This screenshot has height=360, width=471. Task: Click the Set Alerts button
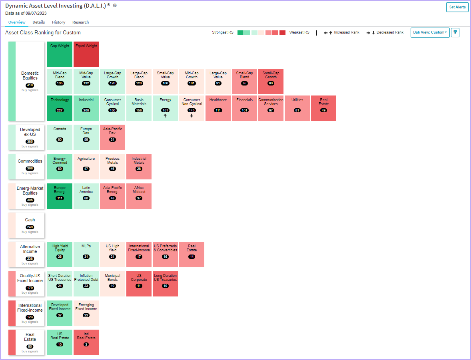(x=457, y=7)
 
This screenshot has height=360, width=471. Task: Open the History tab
(x=58, y=22)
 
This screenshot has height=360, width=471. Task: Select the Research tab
(x=80, y=22)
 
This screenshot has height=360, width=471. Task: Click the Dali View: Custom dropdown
(x=430, y=32)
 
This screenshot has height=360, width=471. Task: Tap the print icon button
(x=455, y=32)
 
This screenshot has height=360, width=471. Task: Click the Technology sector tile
(x=60, y=108)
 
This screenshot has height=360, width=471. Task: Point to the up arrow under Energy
(x=165, y=115)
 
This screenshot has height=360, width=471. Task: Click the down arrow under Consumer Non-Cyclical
(x=192, y=115)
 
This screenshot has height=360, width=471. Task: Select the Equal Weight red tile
(x=86, y=54)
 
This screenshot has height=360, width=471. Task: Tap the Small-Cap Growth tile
(x=271, y=82)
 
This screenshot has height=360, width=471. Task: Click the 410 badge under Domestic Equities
(x=30, y=85)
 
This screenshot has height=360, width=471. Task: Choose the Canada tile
(x=60, y=137)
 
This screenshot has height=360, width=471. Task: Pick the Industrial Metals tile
(x=139, y=167)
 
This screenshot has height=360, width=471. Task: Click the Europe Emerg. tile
(x=60, y=196)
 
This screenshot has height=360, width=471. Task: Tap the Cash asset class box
(x=26, y=225)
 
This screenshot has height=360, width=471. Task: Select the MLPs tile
(x=86, y=254)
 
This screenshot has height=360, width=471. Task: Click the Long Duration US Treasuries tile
(x=165, y=284)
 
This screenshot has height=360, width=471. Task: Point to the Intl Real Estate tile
(x=86, y=342)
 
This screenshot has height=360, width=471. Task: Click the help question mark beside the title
(x=115, y=6)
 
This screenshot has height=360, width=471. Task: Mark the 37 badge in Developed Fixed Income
(x=60, y=315)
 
